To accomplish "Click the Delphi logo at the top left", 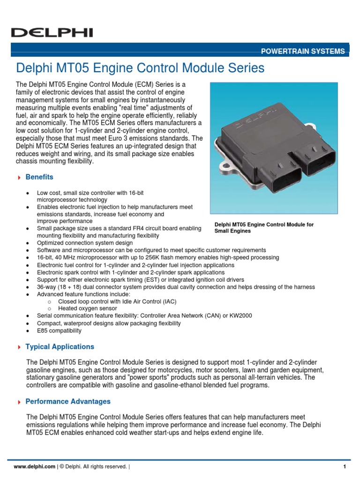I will coord(52,32).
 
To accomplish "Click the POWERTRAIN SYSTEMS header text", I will coord(303,51).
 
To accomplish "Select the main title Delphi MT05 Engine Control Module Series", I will coord(140,68).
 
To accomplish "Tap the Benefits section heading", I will coord(39,177).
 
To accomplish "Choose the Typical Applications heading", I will coord(60,347).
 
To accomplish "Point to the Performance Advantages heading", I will coord(68,402).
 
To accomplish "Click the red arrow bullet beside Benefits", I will coord(19,178).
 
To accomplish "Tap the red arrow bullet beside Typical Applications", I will coord(19,347).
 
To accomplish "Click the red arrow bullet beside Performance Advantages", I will coord(19,402).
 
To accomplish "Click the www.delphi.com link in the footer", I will coord(35,466).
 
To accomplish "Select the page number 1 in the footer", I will coord(345,466).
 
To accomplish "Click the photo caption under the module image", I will coord(264,228).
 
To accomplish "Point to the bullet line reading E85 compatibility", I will coord(59,330).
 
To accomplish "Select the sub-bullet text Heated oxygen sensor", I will coord(88,309).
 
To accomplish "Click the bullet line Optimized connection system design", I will coord(85,243).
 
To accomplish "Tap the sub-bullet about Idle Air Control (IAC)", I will coord(117,301).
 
